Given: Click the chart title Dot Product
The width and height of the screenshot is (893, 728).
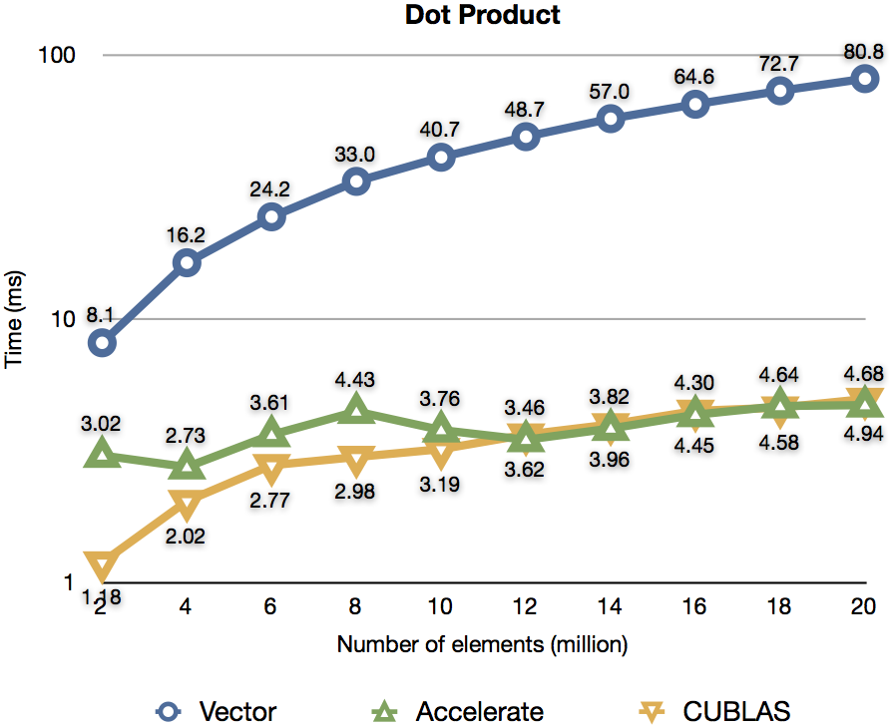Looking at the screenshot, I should pos(483,16).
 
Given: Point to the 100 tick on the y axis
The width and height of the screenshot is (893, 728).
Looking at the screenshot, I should pos(57,55).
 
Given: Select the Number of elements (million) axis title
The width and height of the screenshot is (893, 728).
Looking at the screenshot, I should pos(482,644).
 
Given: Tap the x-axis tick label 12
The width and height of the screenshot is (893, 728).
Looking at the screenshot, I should pos(526,606).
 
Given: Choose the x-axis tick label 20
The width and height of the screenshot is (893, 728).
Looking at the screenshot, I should pos(865,606).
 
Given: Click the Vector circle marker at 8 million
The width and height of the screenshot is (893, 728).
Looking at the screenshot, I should pos(356,181).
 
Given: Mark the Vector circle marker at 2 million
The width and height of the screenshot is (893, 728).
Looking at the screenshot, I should pos(102,342).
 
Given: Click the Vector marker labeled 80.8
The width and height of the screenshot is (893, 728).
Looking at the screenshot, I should pos(865,78).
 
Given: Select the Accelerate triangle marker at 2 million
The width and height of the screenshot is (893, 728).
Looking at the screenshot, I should pos(102,455).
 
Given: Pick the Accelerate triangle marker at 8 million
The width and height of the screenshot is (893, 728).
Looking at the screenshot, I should pos(356,409).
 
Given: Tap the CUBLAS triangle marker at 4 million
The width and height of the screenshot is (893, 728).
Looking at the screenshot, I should pos(187,503).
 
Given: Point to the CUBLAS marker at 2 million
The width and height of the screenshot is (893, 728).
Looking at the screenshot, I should pos(102,565).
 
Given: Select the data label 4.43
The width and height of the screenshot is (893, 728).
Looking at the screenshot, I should pos(357,380).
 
